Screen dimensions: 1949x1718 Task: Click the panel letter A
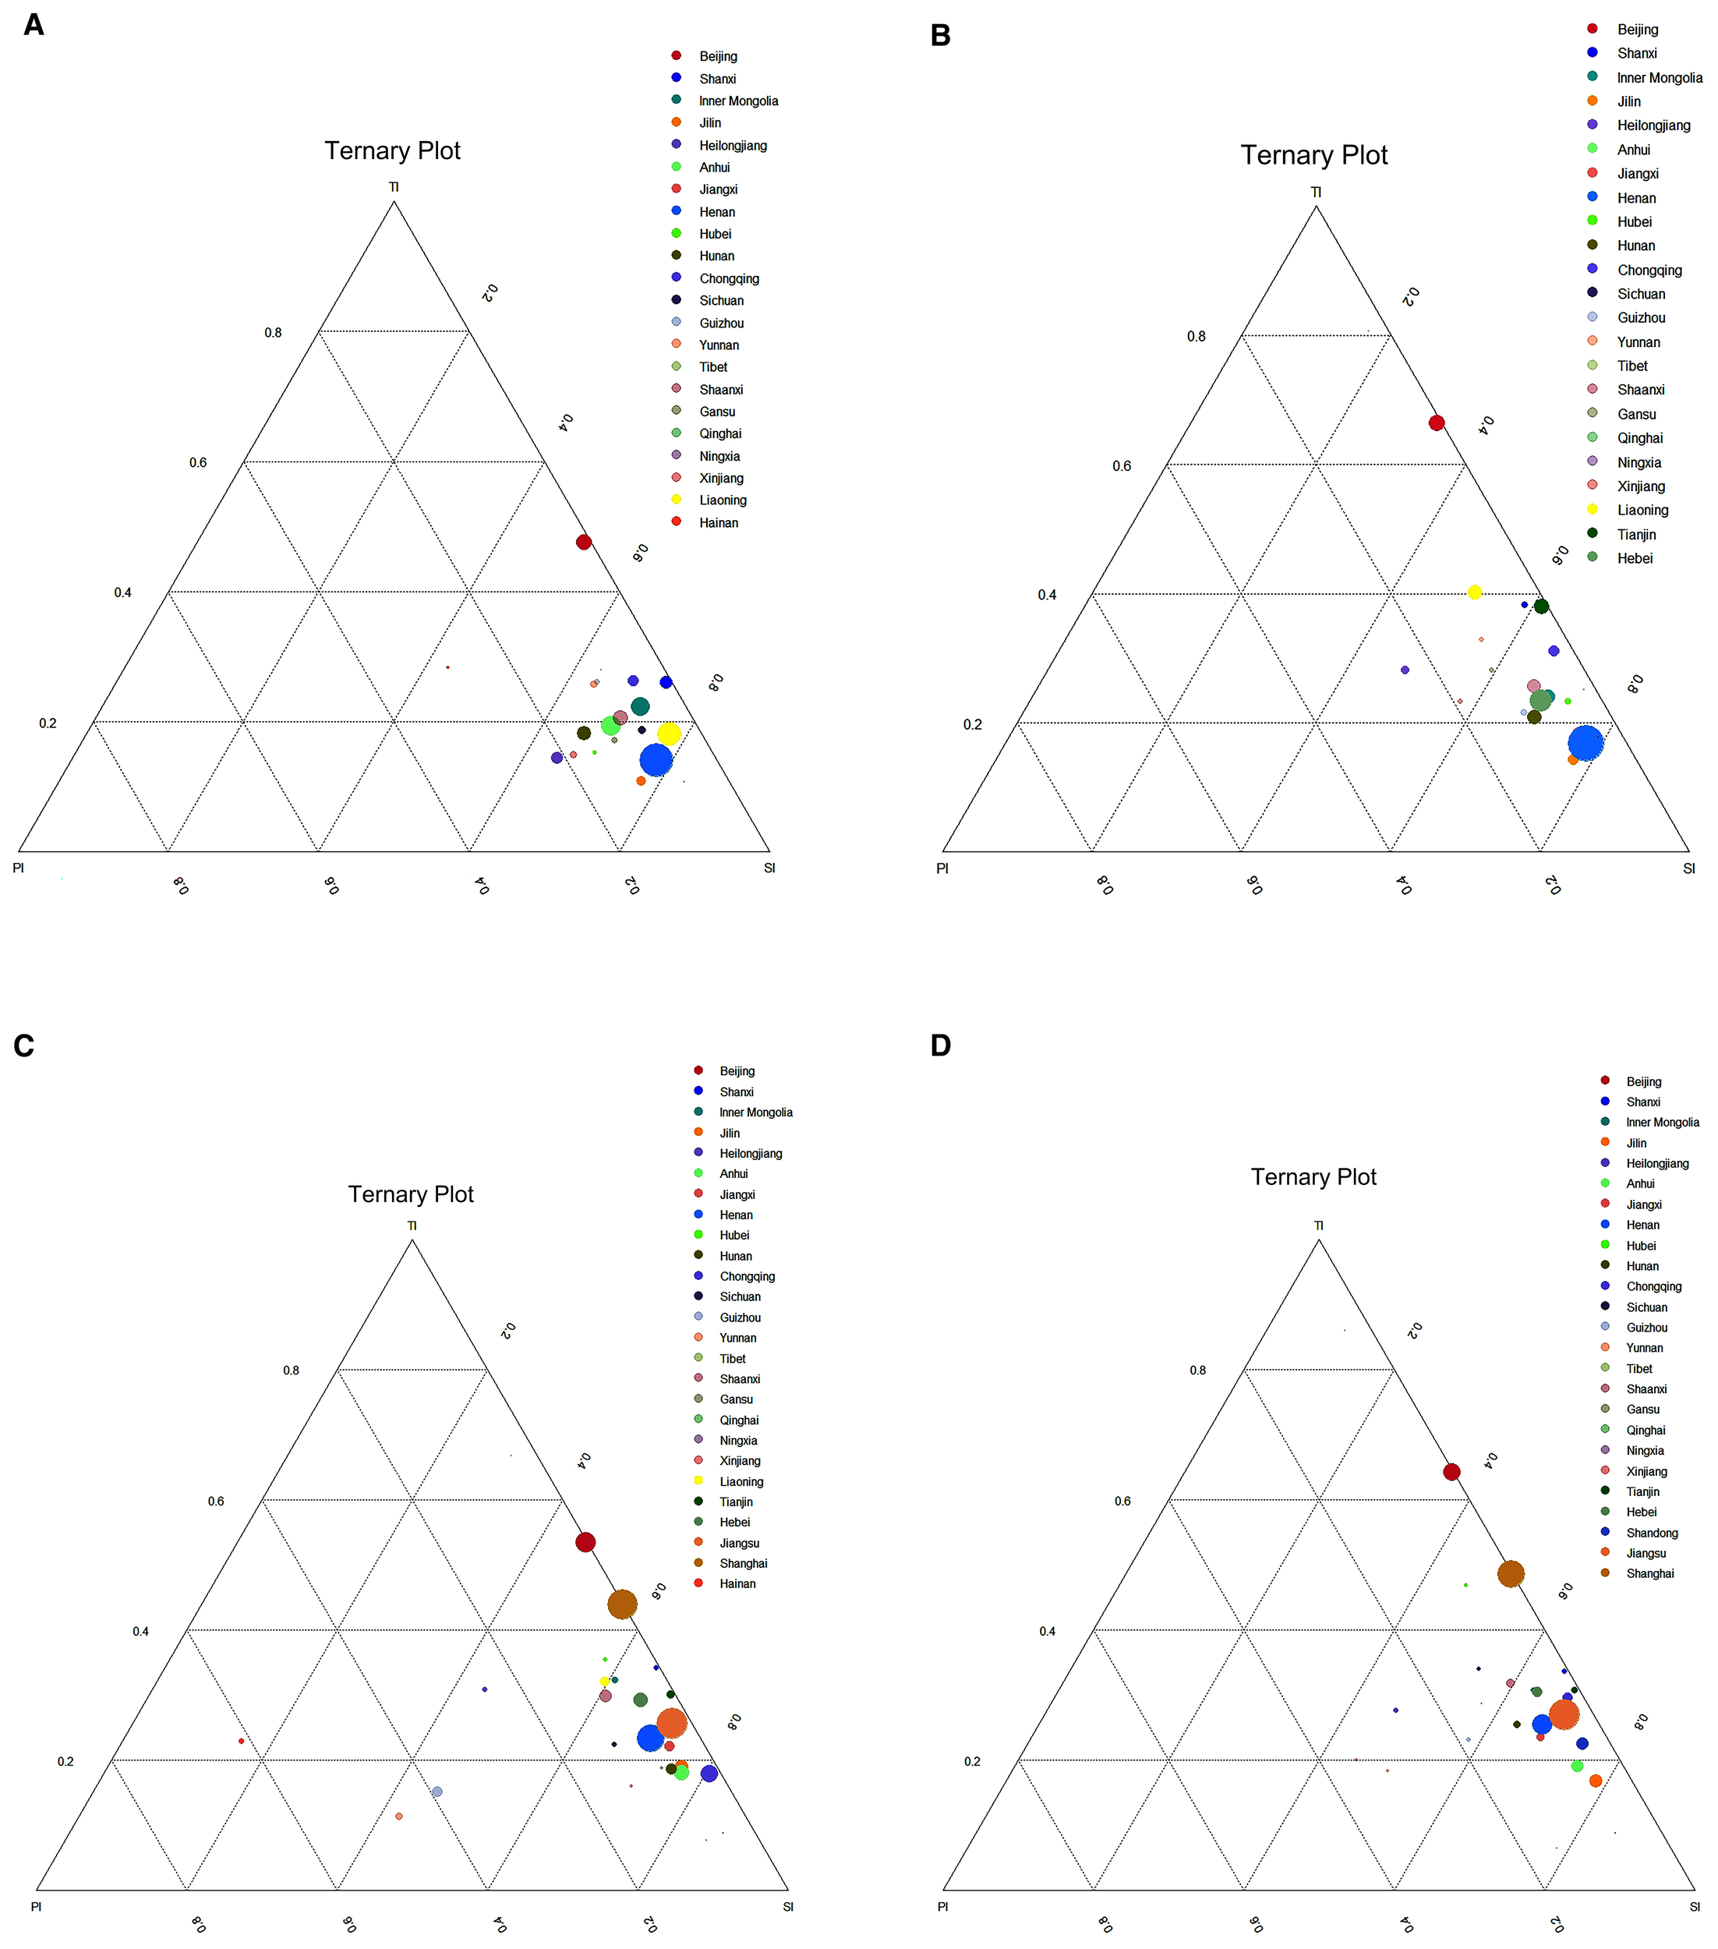[34, 25]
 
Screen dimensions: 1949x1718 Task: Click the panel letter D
[940, 1046]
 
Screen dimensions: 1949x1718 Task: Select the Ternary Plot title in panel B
[1313, 155]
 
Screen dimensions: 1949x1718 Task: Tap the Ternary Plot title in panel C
[411, 1195]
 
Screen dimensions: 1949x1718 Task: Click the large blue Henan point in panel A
[656, 760]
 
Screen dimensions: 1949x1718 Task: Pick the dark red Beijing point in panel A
[584, 543]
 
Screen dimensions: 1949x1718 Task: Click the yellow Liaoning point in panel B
[1475, 593]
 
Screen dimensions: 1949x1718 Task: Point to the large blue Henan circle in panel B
[1585, 743]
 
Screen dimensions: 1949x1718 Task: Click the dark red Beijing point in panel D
[1452, 1472]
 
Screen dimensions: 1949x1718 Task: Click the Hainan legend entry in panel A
[718, 522]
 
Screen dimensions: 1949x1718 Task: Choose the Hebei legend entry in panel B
[1634, 559]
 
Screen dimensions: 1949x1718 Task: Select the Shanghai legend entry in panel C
[743, 1564]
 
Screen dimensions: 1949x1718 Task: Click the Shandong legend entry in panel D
[1651, 1533]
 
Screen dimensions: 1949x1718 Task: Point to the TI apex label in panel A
[394, 187]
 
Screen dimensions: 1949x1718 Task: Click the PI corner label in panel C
[36, 1906]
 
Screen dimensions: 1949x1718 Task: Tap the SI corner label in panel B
[1688, 868]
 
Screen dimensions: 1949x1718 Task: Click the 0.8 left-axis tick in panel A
[273, 333]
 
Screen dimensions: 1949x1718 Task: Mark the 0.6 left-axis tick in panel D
[1122, 1501]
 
